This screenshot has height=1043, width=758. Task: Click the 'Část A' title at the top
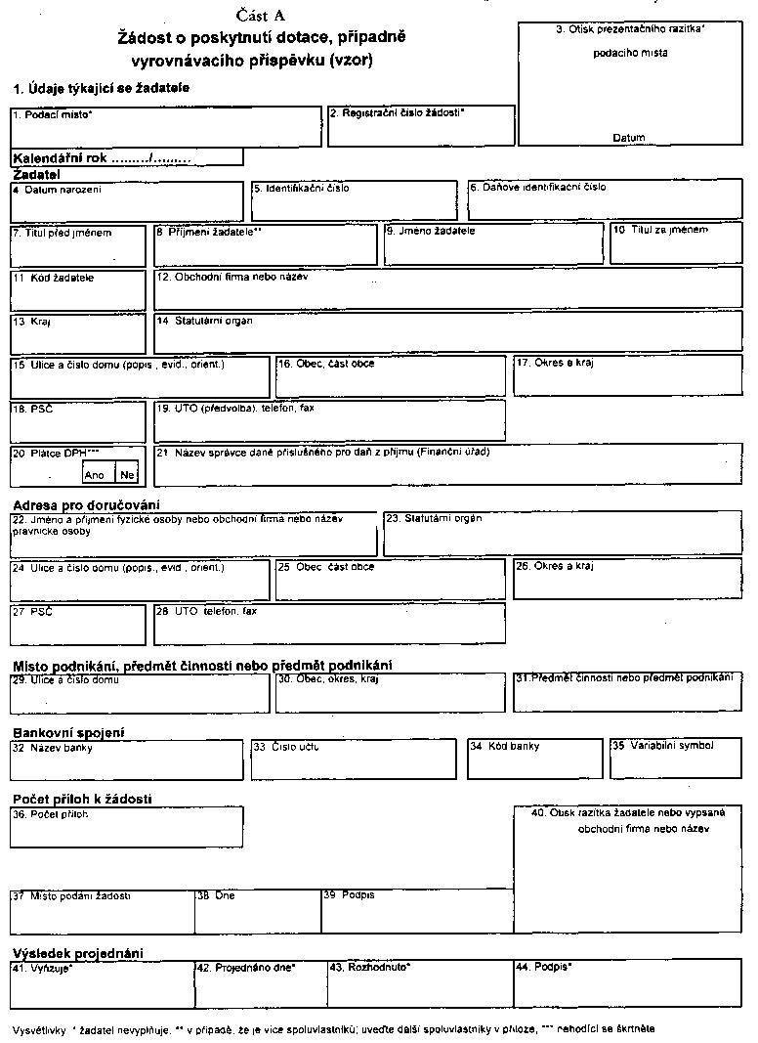pos(260,15)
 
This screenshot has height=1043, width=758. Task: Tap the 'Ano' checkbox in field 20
pos(96,474)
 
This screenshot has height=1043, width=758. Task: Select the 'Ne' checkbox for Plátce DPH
pos(126,474)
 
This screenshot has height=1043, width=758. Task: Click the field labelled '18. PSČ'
pos(77,421)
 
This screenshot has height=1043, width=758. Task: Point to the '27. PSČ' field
pos(77,624)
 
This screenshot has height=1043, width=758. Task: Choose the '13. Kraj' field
pos(77,332)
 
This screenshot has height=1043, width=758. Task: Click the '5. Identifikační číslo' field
pos(353,200)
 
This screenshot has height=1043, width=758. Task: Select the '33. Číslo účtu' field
pos(353,759)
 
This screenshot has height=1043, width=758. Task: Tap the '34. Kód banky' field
pos(534,759)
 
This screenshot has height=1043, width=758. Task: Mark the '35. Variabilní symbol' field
pos(676,759)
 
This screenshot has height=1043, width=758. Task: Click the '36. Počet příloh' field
pos(126,827)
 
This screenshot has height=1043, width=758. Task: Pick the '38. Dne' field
pos(258,911)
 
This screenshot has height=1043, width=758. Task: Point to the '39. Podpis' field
pos(417,911)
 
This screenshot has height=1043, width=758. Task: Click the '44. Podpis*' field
pos(627,984)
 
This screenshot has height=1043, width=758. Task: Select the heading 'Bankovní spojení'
pos(68,732)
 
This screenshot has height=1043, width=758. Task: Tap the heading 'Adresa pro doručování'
pos(86,504)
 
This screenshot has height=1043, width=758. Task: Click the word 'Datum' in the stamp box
pos(629,138)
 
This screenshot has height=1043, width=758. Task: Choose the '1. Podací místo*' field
pos(165,126)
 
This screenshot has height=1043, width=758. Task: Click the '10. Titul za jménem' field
pos(676,244)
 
